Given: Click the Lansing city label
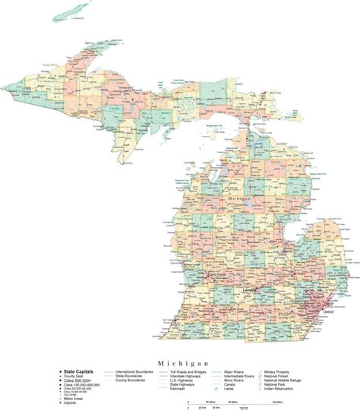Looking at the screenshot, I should (x=249, y=290).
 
